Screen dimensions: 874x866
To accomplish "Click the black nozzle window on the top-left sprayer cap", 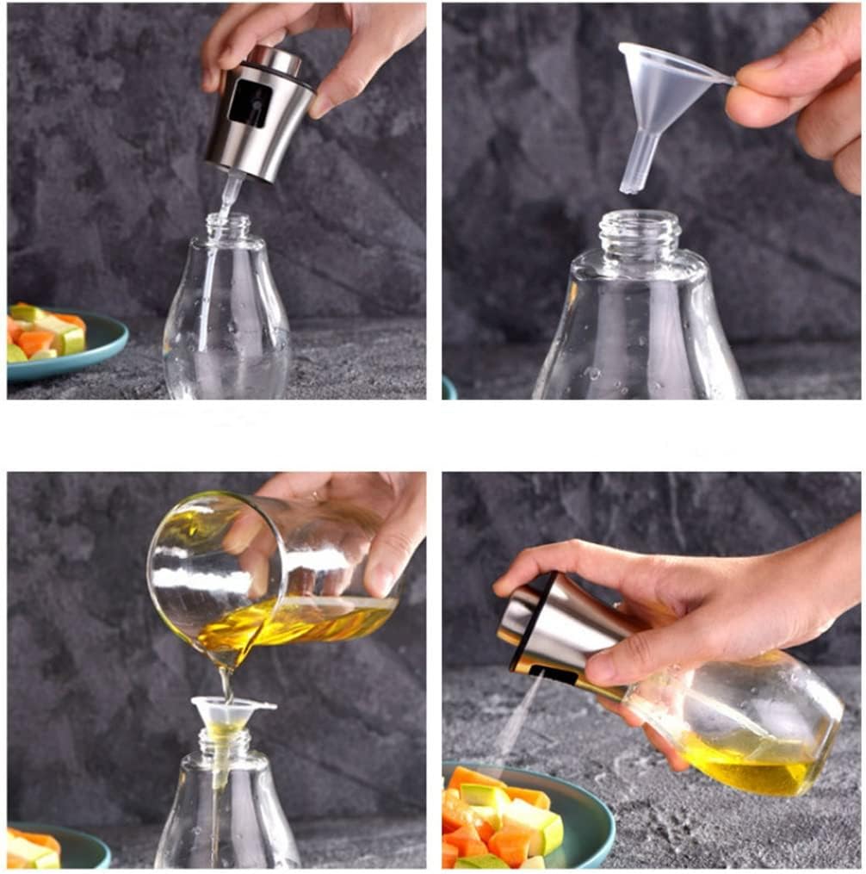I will (251, 103).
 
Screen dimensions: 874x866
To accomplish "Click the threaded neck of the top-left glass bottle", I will (228, 228).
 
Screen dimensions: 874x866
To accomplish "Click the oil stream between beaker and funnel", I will (226, 685).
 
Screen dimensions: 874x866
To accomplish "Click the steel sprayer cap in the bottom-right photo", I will (551, 629).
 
